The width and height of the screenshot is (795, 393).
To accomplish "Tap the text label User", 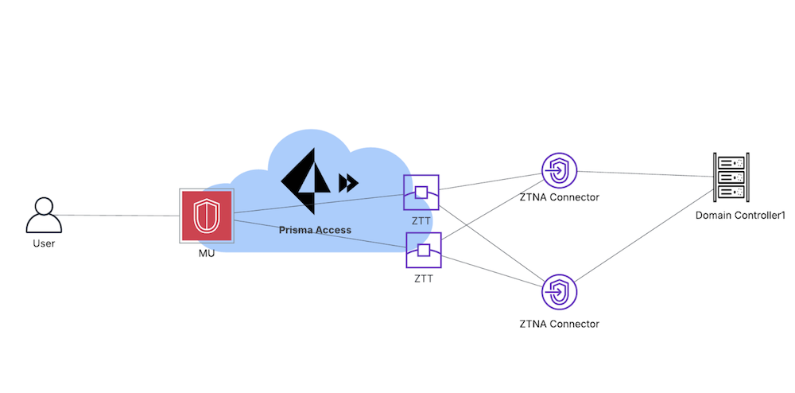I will click(44, 243).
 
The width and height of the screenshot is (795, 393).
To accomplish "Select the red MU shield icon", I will click(207, 216).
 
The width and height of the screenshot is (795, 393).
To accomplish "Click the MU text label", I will click(207, 253).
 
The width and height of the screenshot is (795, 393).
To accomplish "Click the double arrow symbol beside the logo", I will click(347, 184).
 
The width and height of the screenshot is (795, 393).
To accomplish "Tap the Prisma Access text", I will click(315, 230).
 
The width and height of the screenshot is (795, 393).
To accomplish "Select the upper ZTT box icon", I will click(421, 193).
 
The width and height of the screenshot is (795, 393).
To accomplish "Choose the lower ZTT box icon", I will click(423, 251).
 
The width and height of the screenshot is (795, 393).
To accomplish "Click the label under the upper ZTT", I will click(421, 220).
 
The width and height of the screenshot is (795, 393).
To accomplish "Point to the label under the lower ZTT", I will click(424, 278).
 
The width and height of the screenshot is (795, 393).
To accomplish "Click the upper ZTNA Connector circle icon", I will click(559, 170).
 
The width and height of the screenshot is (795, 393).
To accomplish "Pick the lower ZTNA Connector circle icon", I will click(559, 292).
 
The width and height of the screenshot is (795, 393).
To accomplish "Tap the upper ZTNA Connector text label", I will click(559, 197).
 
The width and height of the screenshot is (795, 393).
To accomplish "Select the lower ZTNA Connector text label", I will click(559, 324).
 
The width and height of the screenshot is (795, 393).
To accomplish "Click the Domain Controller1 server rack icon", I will click(731, 177).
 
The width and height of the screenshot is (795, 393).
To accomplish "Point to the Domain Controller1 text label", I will click(735, 216).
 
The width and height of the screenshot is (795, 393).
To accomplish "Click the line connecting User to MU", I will click(119, 215).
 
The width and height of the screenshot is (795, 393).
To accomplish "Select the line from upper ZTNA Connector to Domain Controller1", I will click(644, 173).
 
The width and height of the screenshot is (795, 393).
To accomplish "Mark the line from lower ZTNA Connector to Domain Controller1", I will click(644, 237).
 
